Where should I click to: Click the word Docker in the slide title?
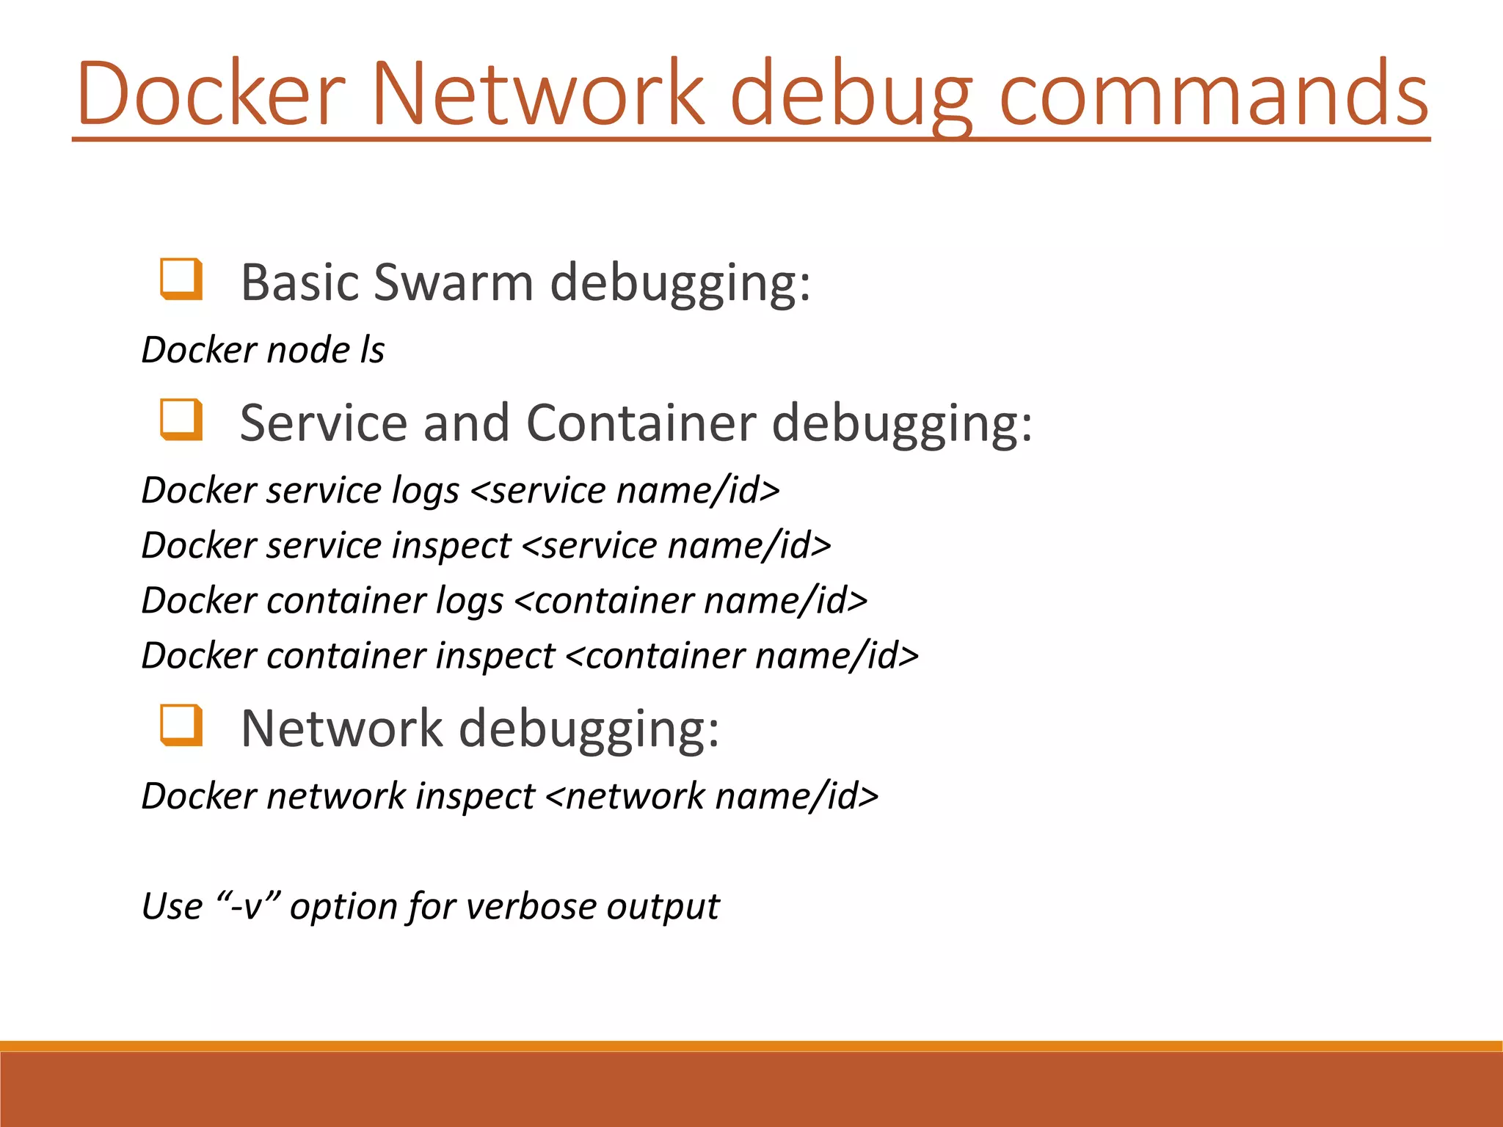tap(211, 93)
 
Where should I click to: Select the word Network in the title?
tap(538, 93)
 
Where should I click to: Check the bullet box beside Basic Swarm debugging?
tap(181, 280)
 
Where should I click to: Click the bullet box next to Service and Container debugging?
tap(181, 420)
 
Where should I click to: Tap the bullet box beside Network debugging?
tap(181, 725)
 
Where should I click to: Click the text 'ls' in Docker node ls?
tap(372, 349)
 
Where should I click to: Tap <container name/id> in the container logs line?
tap(691, 600)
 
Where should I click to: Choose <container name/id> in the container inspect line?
tap(742, 655)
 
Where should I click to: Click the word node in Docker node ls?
tap(308, 350)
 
